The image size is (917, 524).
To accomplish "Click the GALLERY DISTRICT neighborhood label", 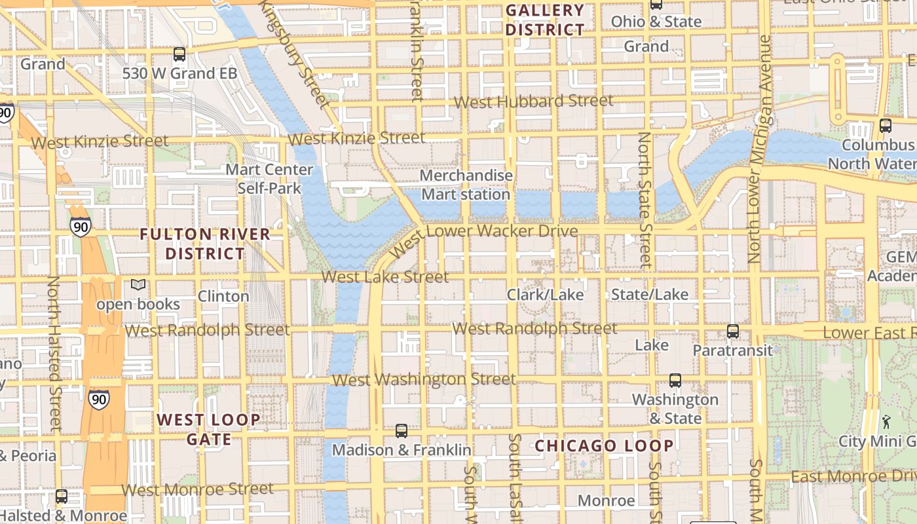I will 544,20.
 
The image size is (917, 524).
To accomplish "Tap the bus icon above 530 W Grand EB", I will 179,54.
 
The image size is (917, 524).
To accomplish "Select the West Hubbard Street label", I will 533,102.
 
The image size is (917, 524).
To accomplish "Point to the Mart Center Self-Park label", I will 269,179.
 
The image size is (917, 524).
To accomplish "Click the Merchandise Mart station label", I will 466,185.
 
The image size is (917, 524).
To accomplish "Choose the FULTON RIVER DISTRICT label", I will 205,243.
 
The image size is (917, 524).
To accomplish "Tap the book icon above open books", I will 138,285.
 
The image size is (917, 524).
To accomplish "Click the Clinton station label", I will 223,296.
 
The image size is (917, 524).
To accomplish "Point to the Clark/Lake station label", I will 545,295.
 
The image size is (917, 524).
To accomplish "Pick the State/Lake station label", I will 649,295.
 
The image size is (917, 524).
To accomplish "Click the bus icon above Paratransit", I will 733,331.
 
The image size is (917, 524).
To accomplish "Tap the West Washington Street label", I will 424,379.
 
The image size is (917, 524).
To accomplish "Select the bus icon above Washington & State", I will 675,381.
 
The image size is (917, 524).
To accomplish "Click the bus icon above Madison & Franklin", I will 402,431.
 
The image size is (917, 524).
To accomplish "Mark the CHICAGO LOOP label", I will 604,446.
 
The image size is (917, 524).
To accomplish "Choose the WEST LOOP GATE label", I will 208,429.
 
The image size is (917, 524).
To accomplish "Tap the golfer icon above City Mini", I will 886,421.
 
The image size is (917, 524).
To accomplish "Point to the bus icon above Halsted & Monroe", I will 62,496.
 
